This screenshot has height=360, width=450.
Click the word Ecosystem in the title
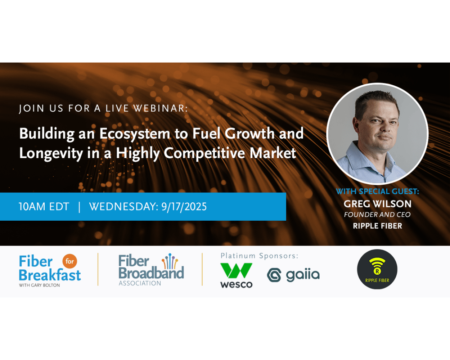click(134, 134)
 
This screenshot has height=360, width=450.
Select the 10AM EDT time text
click(44, 207)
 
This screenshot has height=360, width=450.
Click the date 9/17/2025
click(184, 207)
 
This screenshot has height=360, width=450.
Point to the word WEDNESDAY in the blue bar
click(123, 207)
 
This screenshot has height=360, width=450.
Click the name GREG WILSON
click(377, 204)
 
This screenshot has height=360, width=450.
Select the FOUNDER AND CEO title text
click(377, 215)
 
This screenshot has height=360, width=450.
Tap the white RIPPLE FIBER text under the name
click(377, 226)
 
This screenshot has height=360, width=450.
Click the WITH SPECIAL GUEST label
click(377, 192)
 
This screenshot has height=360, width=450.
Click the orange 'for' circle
click(70, 261)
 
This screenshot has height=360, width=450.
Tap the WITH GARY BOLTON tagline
click(40, 285)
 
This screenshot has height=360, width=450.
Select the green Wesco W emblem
click(236, 271)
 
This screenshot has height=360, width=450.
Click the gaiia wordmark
click(302, 275)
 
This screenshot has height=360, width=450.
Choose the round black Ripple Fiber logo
click(377, 269)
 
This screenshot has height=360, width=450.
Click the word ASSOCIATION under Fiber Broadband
click(140, 283)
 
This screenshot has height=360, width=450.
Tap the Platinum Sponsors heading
click(259, 256)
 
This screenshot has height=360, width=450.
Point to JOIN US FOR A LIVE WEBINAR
click(103, 108)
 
